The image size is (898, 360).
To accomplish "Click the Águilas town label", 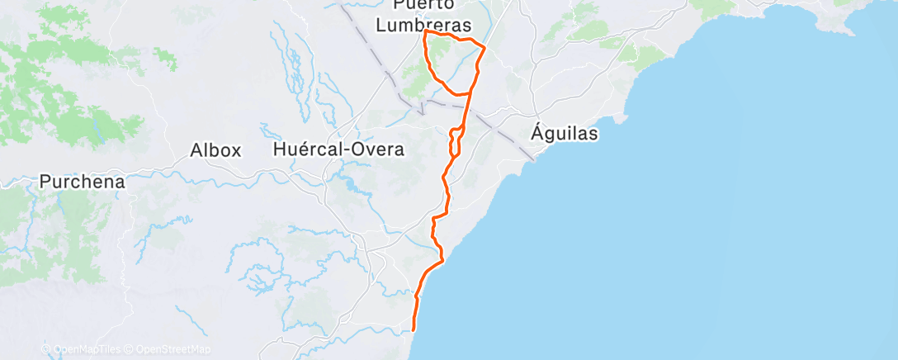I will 565,132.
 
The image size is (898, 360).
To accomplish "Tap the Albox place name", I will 215,151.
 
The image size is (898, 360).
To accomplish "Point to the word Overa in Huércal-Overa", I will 379,150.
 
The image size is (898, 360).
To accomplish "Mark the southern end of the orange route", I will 413,329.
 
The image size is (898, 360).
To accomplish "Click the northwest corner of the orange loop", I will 425,33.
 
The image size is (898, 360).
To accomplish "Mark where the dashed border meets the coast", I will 533,159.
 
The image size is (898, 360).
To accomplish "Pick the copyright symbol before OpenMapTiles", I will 45,350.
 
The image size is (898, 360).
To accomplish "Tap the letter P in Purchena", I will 45,182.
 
